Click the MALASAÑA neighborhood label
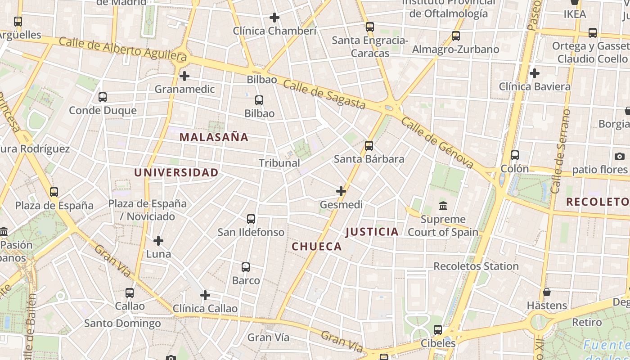pyautogui.click(x=214, y=137)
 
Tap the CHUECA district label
pyautogui.click(x=317, y=247)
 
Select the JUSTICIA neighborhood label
pyautogui.click(x=372, y=232)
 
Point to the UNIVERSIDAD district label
pyautogui.click(x=176, y=172)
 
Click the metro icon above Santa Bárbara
pyautogui.click(x=369, y=146)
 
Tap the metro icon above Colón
pyautogui.click(x=515, y=155)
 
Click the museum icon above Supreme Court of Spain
pyautogui.click(x=443, y=206)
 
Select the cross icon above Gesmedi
pyautogui.click(x=341, y=191)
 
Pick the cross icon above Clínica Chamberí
pyautogui.click(x=274, y=18)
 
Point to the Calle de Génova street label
pyautogui.click(x=437, y=143)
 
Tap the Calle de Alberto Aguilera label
pyautogui.click(x=122, y=49)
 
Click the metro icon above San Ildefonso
pyautogui.click(x=251, y=219)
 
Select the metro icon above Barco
pyautogui.click(x=246, y=267)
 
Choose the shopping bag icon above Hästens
pyautogui.click(x=547, y=292)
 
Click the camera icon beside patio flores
pyautogui.click(x=620, y=157)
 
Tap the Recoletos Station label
pyautogui.click(x=476, y=266)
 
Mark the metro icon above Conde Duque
pyautogui.click(x=103, y=97)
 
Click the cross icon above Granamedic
pyautogui.click(x=184, y=76)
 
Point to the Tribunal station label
pyautogui.click(x=279, y=163)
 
